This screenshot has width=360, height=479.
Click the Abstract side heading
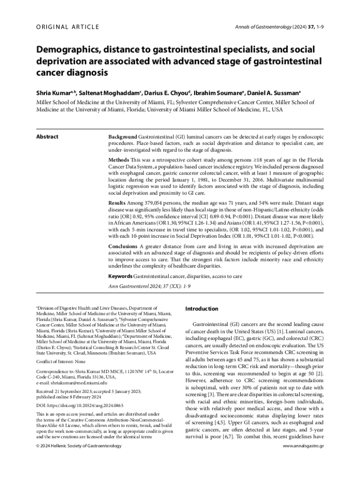point(47,137)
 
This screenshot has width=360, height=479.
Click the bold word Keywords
point(120,276)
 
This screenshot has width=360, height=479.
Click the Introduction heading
point(202,309)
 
